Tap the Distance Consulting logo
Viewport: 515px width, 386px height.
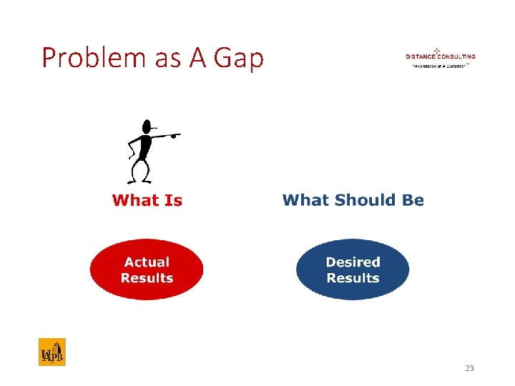[x=440, y=57]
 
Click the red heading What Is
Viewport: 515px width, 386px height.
[x=147, y=201]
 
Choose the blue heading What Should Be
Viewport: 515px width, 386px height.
[x=353, y=201]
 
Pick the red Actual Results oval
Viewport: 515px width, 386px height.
[x=147, y=270]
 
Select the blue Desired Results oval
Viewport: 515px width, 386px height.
[x=353, y=270]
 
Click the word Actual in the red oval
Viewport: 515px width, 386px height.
[x=147, y=262]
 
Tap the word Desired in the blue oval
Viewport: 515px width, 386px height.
[x=353, y=262]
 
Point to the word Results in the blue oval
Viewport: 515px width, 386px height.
[x=353, y=278]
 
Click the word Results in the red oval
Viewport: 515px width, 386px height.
[x=147, y=278]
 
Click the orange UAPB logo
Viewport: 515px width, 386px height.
[x=52, y=352]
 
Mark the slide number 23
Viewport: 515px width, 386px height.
[x=469, y=368]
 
